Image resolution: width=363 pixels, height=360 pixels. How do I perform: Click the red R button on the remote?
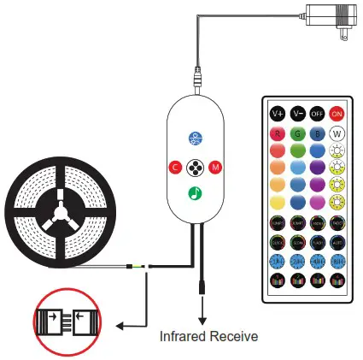coord(277,134)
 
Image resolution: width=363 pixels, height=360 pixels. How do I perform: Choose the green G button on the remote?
coord(296,134)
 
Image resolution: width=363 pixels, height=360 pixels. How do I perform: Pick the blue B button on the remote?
coord(316,134)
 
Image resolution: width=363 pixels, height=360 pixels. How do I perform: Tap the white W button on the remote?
coord(337,134)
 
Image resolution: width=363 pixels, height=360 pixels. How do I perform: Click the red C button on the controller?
coord(173,164)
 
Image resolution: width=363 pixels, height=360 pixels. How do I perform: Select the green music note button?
coord(195,190)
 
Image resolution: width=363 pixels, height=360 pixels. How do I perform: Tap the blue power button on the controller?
coord(195,137)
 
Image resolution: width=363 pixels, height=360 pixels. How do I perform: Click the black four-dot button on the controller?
coord(195,164)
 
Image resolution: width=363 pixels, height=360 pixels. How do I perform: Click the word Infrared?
coord(184,336)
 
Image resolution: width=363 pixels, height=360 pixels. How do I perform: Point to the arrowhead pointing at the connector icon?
coord(117,325)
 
